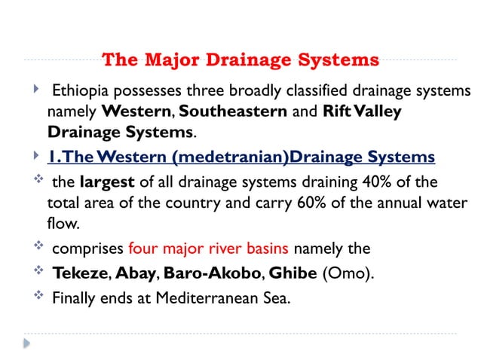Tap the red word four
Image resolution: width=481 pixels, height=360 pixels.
pyautogui.click(x=143, y=248)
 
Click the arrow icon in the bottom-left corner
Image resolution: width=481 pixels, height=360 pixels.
pyautogui.click(x=26, y=343)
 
